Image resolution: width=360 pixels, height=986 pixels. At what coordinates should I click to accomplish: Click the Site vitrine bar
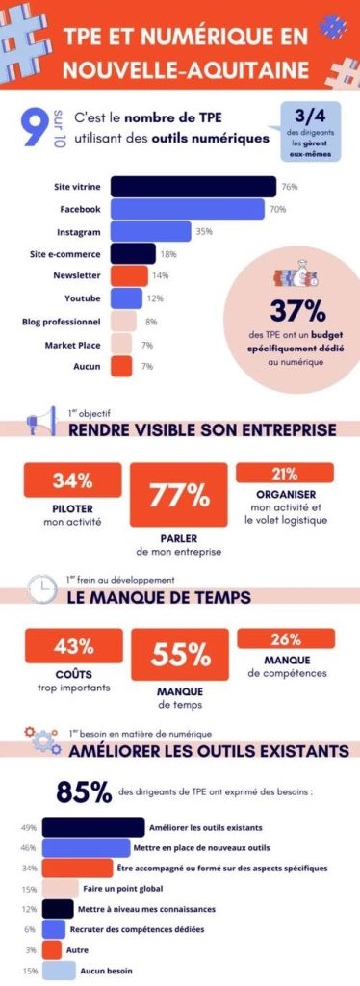[x=193, y=186]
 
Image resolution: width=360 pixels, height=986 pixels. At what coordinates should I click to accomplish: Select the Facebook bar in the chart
[x=188, y=209]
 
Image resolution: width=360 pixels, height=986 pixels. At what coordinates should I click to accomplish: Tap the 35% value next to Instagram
[x=203, y=232]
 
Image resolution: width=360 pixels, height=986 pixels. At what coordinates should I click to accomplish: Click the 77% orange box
[x=179, y=495]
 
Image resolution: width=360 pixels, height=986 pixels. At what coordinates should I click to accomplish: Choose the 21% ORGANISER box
[x=285, y=473]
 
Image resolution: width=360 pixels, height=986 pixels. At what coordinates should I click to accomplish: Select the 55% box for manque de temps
[x=179, y=655]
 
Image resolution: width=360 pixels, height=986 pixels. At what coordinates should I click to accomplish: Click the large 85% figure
[x=85, y=792]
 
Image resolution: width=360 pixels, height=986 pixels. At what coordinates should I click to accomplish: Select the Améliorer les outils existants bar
[x=93, y=827]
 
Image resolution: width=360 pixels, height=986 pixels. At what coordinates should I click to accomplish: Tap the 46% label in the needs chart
[x=28, y=848]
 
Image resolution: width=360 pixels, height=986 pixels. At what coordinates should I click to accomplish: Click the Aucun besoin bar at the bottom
[x=58, y=971]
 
